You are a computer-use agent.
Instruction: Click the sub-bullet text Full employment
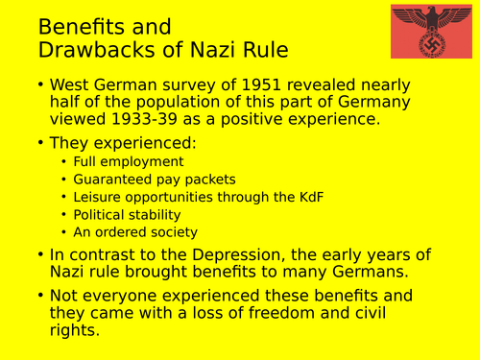pos(128,162)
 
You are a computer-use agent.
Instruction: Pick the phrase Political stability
pos(127,214)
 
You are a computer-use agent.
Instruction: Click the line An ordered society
pos(135,231)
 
